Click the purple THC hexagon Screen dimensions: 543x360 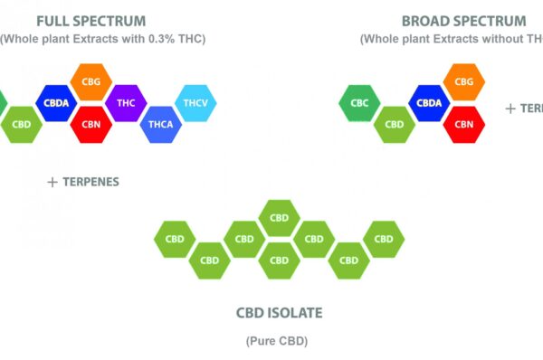coord(126,103)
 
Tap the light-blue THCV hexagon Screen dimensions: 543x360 coord(195,103)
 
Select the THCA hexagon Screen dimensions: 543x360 coord(161,125)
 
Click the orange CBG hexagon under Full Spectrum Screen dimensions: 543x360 coord(91,82)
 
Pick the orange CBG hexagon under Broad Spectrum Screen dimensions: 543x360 coord(464,82)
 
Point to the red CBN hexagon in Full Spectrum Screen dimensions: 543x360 coord(91,125)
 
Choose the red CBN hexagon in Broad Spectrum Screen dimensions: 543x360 coord(464,125)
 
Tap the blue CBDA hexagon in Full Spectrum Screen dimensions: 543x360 coord(56,103)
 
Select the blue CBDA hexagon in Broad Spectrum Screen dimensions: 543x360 coord(429,103)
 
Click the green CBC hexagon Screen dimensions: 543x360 coord(359,103)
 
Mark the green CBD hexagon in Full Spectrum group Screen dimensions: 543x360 coord(22,125)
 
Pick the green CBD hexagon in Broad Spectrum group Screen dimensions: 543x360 coord(395,125)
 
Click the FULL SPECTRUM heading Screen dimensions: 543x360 coord(91,22)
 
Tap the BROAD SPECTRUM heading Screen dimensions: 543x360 coord(464,22)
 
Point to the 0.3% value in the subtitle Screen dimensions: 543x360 coord(161,39)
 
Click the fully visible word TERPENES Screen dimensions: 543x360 coord(90,182)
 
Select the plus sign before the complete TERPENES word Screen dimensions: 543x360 coord(52,183)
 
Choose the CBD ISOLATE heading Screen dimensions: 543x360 coord(279,313)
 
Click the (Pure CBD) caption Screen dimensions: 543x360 coord(277,341)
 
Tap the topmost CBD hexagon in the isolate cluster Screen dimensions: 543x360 coord(279,218)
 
